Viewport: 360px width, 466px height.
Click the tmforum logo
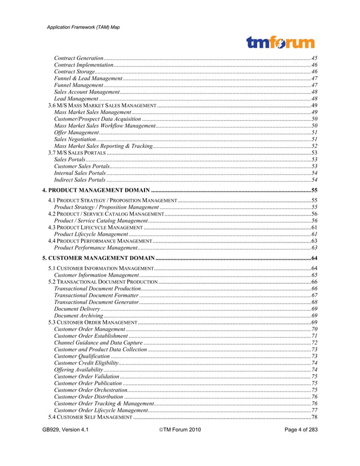pos(280,42)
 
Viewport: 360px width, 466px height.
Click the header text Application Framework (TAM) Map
pos(84,27)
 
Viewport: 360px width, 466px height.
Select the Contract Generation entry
pos(78,58)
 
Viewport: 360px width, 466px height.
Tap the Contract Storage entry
pos(74,72)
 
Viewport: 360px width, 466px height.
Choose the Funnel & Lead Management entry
pos(88,78)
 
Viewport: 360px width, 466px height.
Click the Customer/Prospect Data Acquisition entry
pos(97,119)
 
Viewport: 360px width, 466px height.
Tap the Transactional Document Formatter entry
pos(96,295)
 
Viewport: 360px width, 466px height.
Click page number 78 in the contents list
pos(314,417)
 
